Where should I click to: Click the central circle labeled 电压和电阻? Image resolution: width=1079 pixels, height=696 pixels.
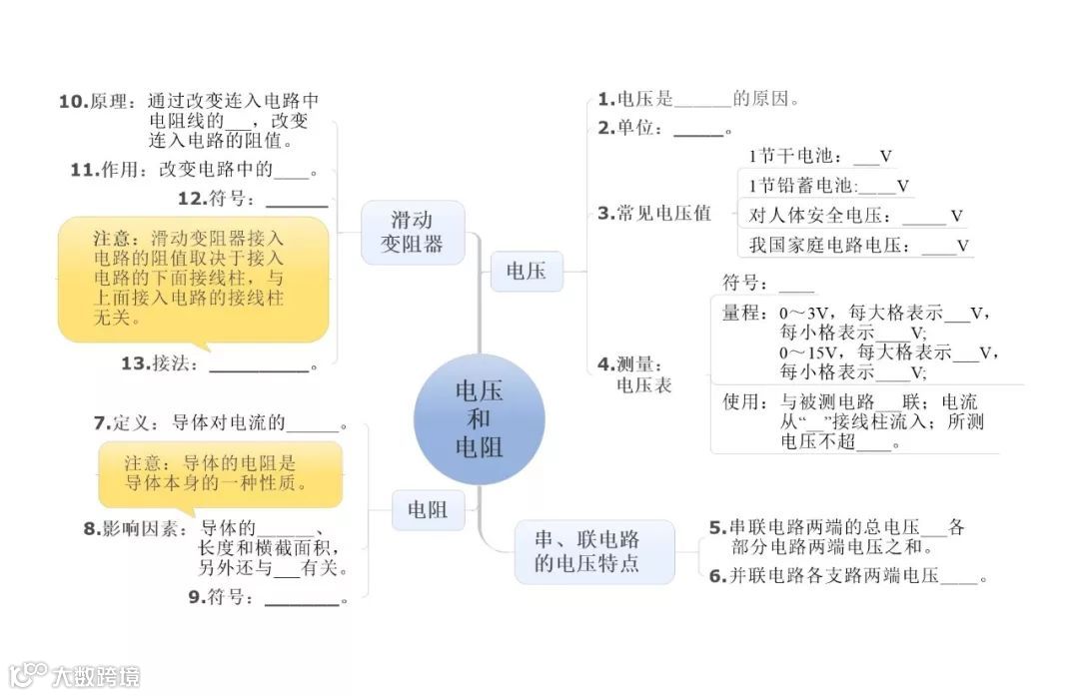tap(480, 419)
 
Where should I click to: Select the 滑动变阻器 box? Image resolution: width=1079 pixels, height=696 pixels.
tap(413, 232)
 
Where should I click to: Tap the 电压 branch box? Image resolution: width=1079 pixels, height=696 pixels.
tap(527, 271)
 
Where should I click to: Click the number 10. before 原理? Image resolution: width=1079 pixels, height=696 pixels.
tap(74, 101)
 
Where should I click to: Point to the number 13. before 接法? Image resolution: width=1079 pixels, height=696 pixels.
tap(134, 363)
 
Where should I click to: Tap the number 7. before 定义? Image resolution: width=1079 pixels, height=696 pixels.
tap(100, 423)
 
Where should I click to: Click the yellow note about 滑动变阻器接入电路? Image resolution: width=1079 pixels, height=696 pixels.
tap(192, 279)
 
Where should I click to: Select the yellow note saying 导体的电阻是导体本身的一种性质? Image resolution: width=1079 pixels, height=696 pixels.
tap(220, 473)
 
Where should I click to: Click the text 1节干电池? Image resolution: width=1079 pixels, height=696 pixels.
tap(794, 157)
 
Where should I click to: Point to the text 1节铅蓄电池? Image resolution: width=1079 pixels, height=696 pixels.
tap(802, 186)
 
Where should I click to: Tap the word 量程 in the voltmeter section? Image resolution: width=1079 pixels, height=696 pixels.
tap(743, 313)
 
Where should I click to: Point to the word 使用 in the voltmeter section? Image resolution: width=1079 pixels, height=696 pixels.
tap(743, 402)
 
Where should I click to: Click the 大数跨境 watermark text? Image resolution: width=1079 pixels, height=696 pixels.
tap(96, 676)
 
